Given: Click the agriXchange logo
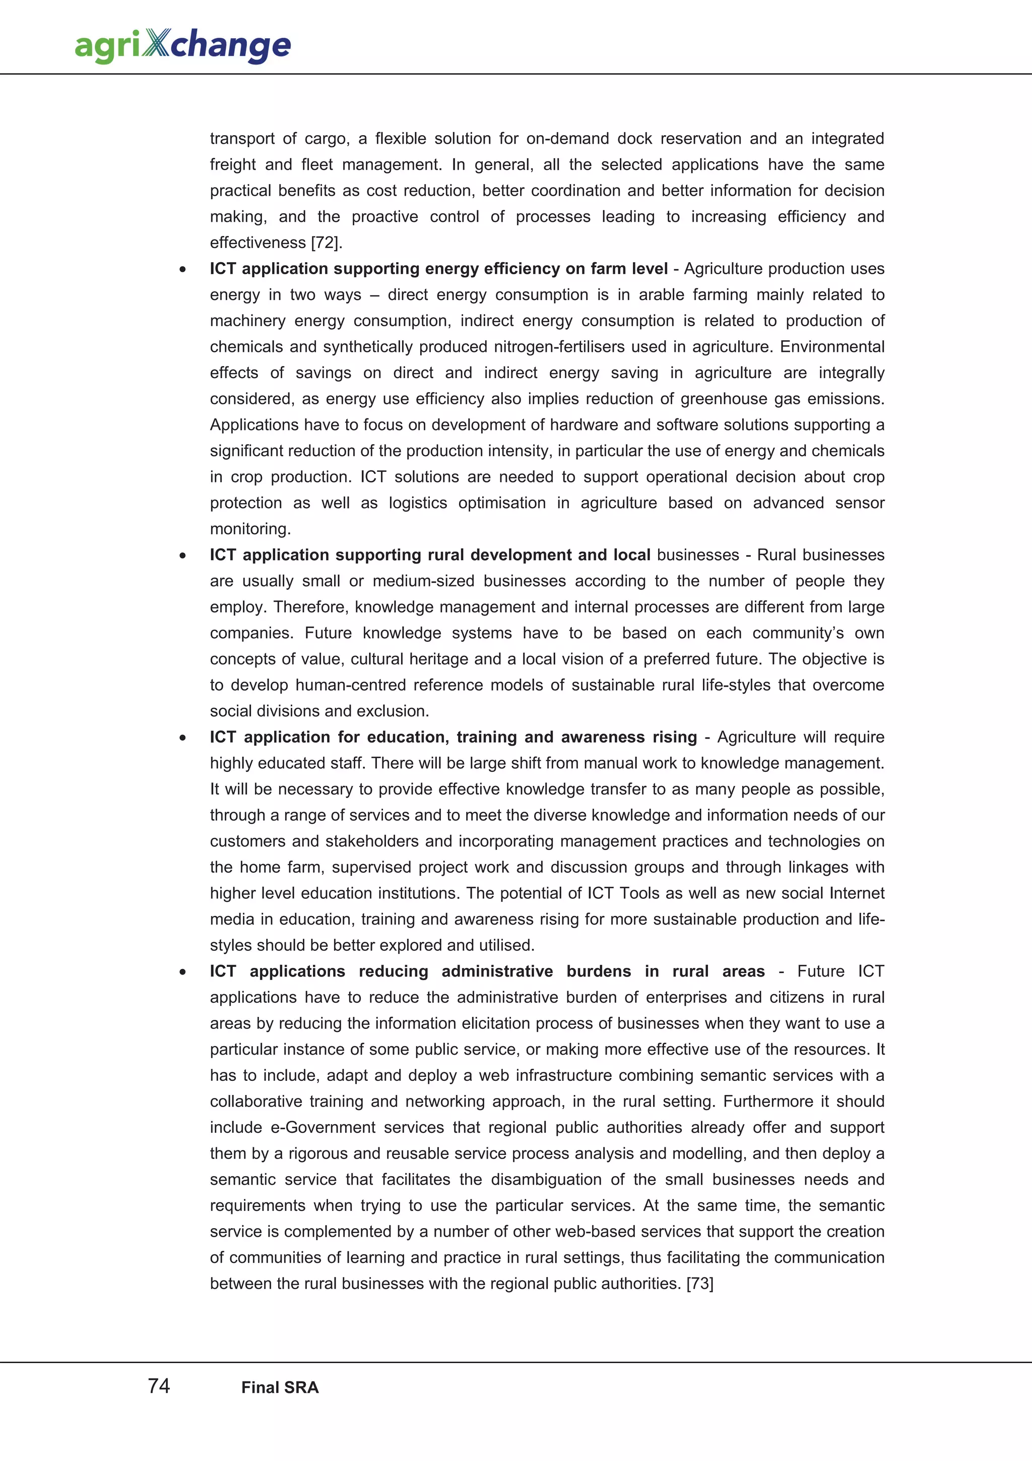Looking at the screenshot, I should [182, 46].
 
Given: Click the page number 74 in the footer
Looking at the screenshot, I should [159, 1386].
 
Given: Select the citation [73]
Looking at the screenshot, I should [699, 1284].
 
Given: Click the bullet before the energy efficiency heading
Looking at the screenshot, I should [182, 270].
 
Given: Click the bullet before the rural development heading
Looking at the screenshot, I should [182, 556].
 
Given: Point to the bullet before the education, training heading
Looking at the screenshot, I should [182, 738].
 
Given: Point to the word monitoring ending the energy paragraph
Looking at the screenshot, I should [250, 529].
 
